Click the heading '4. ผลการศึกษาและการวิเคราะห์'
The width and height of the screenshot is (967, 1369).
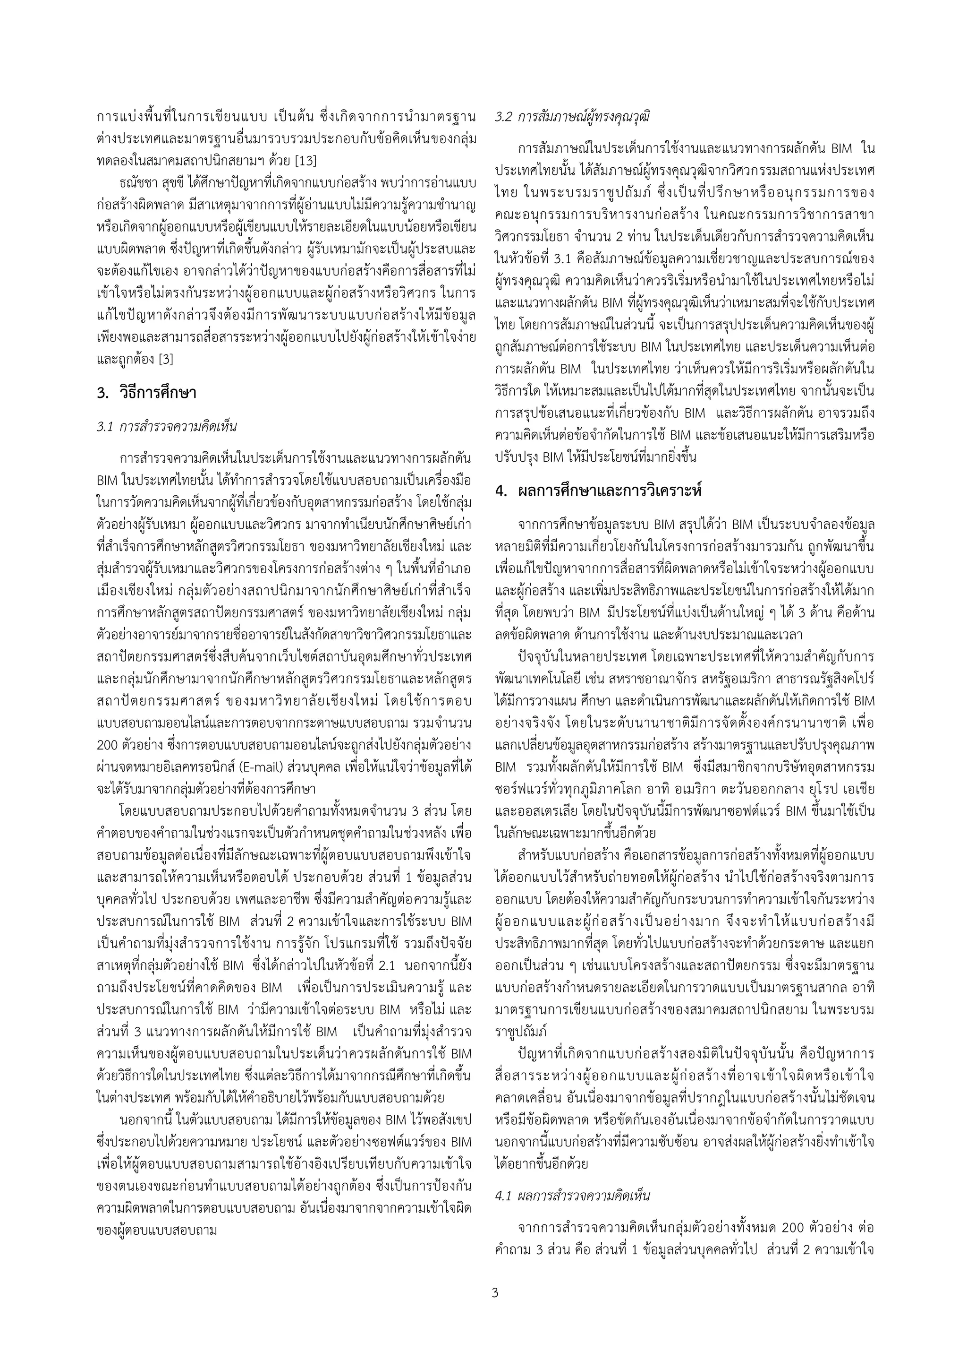(x=598, y=491)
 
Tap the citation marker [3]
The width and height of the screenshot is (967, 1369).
(x=163, y=360)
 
